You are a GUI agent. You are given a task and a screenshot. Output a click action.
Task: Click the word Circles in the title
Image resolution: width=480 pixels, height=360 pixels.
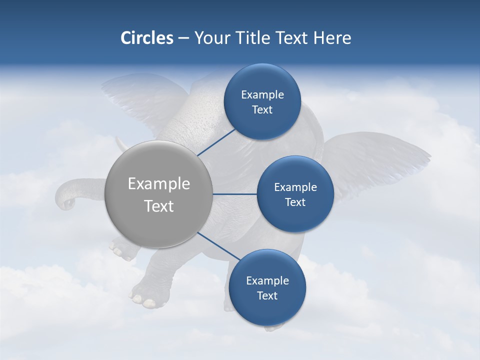click(146, 38)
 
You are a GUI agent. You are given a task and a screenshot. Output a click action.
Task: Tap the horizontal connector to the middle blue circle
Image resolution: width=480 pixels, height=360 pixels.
click(234, 194)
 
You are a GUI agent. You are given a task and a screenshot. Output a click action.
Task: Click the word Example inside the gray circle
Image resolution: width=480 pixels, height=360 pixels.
click(158, 183)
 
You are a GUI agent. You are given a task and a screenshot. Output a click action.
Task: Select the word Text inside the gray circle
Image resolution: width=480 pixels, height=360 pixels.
click(158, 206)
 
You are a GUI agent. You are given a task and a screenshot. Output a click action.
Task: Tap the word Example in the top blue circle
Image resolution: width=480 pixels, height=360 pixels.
click(262, 94)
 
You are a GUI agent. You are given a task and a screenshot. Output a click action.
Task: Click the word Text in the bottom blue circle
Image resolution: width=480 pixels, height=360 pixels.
click(267, 295)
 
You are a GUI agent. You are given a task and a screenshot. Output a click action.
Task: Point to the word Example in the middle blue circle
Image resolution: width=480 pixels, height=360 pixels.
click(295, 187)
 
